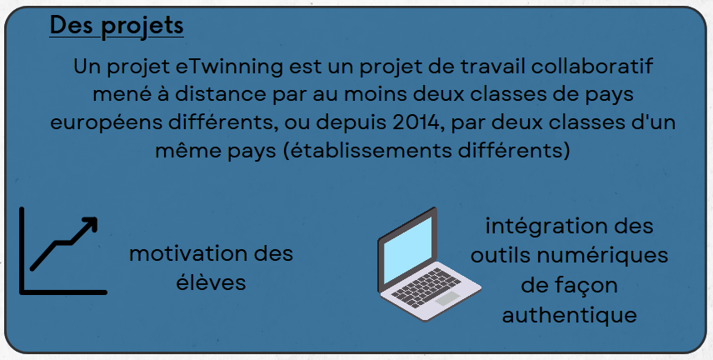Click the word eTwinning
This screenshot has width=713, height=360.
[x=229, y=67]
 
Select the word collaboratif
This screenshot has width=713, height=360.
[x=592, y=66]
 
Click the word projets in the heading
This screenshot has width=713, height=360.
[x=142, y=26]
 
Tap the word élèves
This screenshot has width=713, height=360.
[x=211, y=282]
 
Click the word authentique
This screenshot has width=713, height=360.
[x=569, y=315]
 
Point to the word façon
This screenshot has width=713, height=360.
[x=588, y=287]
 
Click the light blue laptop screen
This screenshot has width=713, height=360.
[x=407, y=250]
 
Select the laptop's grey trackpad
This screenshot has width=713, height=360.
[x=447, y=299]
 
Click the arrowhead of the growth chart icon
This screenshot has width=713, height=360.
[x=90, y=224]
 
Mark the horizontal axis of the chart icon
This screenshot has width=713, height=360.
[x=63, y=292]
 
